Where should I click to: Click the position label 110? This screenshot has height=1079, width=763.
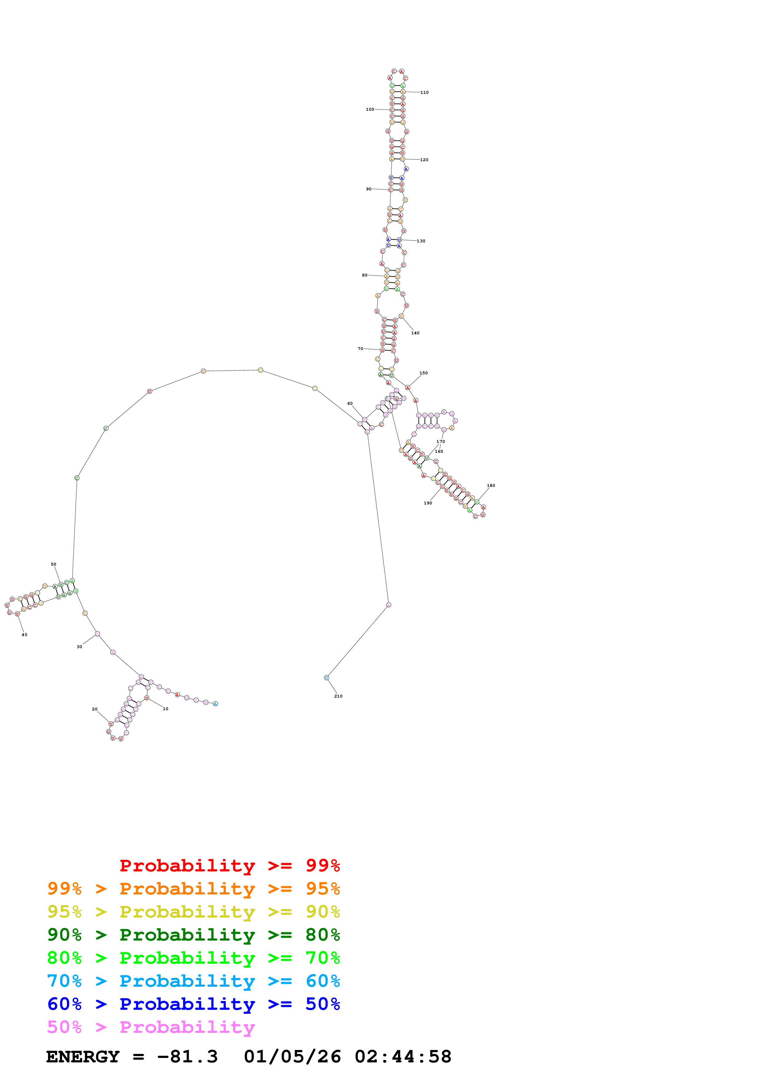[x=424, y=93]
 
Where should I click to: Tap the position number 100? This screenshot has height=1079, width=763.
[x=370, y=109]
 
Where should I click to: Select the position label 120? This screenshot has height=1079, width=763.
[x=424, y=160]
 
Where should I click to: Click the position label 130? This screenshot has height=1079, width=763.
[x=421, y=241]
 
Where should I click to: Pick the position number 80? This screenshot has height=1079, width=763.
[x=364, y=275]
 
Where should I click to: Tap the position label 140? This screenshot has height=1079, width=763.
[x=415, y=333]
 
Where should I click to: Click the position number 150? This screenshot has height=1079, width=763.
[x=424, y=373]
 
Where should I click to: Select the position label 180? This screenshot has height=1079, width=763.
[x=491, y=485]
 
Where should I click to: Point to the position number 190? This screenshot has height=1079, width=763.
[x=428, y=503]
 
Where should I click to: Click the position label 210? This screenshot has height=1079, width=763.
[x=338, y=696]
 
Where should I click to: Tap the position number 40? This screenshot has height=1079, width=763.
[x=24, y=635]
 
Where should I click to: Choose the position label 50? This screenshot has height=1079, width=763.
[x=54, y=564]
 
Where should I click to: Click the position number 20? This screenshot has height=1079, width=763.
[x=94, y=709]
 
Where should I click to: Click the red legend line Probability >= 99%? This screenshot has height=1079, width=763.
[x=229, y=866]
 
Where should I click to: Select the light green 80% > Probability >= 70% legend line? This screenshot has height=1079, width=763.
[x=193, y=958]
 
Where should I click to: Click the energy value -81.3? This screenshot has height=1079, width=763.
[x=187, y=1057]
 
